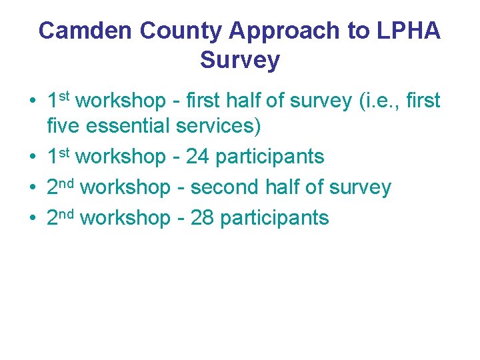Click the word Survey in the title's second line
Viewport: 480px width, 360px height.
[x=240, y=60]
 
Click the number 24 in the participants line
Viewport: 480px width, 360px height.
[x=198, y=157]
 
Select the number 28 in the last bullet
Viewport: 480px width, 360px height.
[x=203, y=218]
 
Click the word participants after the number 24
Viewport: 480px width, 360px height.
[x=270, y=157]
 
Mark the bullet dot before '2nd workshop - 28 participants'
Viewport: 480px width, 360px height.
[x=32, y=219]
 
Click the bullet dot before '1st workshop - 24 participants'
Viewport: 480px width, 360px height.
[x=32, y=157]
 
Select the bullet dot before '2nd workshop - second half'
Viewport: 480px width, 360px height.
[x=32, y=188]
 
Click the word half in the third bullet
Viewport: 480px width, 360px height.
[x=285, y=187]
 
